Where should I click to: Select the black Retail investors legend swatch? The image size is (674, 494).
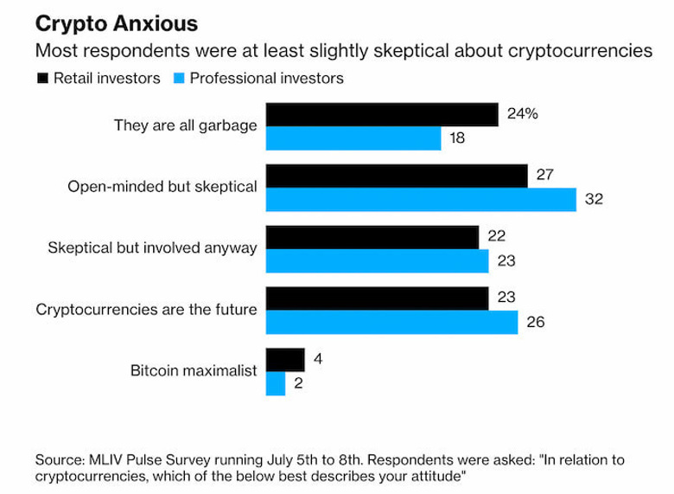point(41,78)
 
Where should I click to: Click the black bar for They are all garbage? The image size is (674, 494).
point(381,115)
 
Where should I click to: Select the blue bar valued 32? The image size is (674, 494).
point(420,199)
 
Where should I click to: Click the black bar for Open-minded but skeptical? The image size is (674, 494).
point(397,176)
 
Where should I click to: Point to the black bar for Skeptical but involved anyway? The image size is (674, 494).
point(372,237)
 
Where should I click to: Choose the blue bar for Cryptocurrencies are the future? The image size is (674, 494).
point(391,322)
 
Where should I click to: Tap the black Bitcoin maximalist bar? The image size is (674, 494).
point(284,359)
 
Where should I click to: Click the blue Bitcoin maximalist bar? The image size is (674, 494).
point(275,382)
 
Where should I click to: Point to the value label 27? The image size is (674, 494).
point(544,174)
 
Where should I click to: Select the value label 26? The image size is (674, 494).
point(535,323)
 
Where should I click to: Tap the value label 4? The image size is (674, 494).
point(317,358)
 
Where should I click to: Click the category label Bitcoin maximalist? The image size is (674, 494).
point(194,371)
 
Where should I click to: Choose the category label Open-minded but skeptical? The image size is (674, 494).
point(162,186)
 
